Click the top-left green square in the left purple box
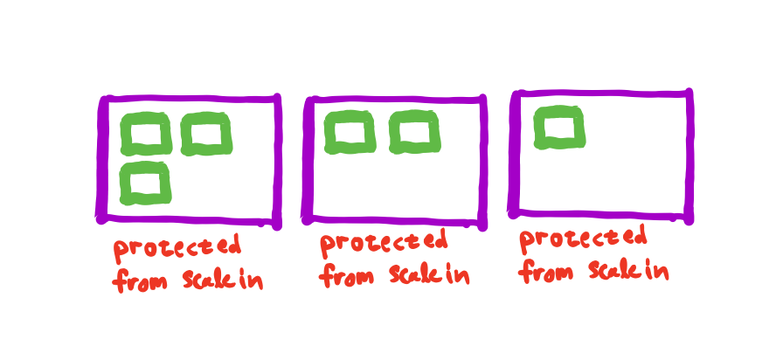click(145, 135)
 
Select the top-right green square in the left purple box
click(207, 135)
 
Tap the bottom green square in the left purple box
click(145, 183)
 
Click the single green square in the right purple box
click(558, 128)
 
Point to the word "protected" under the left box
click(177, 247)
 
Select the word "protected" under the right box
click(582, 238)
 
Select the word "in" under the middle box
click(459, 276)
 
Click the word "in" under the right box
click(658, 272)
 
